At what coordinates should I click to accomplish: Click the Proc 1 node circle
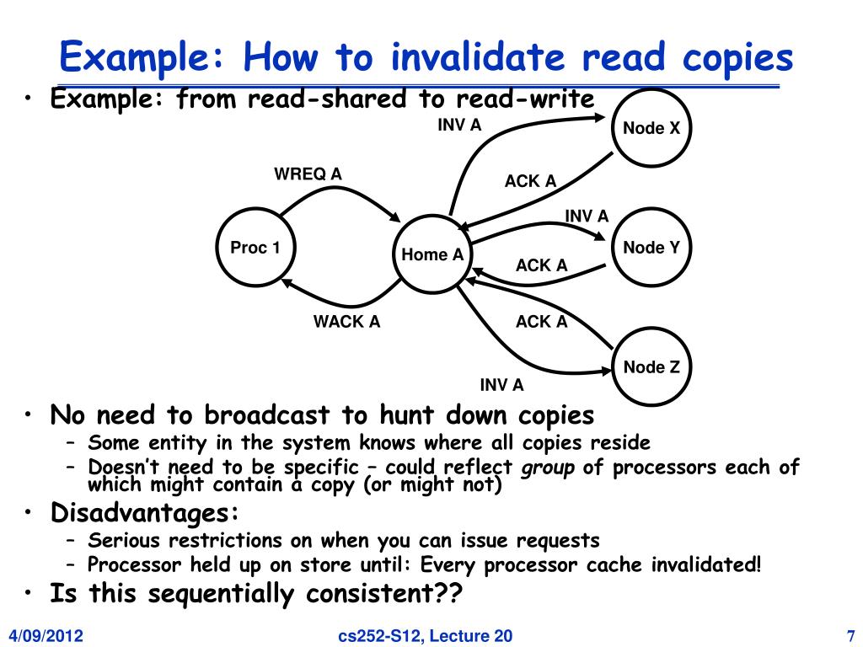255,248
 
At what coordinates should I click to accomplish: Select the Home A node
432,254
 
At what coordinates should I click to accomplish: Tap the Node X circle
651,128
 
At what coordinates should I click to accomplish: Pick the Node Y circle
651,248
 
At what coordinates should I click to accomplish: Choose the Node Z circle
651,367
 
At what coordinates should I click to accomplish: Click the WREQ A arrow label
308,174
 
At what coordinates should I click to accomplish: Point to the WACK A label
346,322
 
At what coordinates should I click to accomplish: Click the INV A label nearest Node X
458,126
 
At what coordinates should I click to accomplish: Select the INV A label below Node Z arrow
501,386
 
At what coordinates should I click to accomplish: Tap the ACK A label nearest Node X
530,181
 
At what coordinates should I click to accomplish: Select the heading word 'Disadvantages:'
145,512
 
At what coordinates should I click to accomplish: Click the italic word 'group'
548,468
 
